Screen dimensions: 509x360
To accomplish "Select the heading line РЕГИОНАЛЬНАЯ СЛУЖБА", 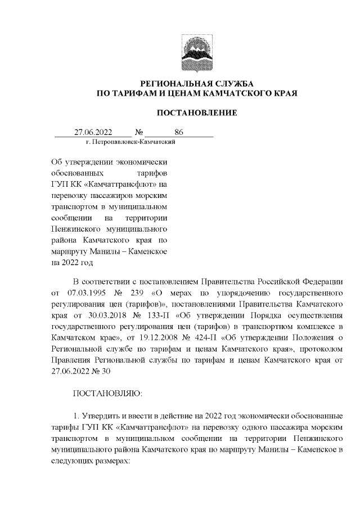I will [196, 83].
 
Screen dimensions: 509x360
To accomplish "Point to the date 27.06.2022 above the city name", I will [93, 132].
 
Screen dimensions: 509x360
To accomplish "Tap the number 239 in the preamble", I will [139, 292].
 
